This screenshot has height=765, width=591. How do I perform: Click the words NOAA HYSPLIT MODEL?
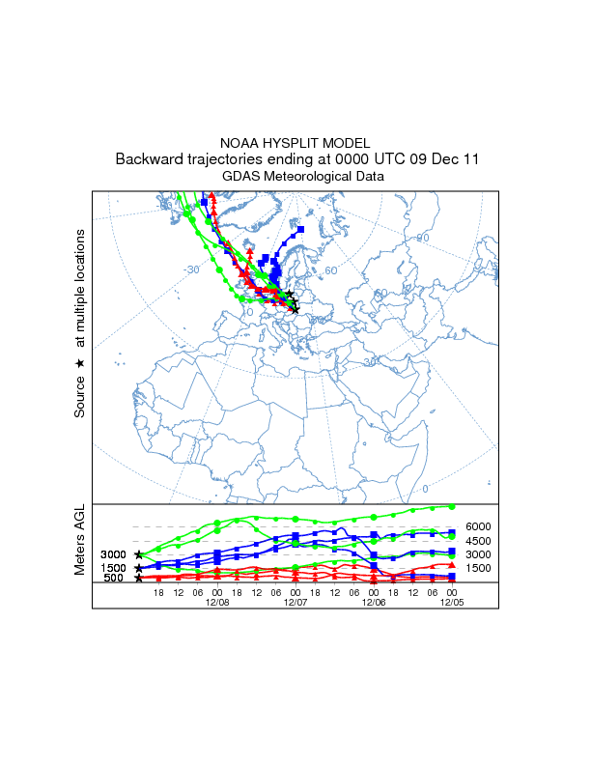tap(295, 143)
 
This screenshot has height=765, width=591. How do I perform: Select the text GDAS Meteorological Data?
tap(295, 177)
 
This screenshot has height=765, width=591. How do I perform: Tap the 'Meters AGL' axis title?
tap(80, 539)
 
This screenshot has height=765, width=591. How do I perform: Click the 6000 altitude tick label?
tap(479, 526)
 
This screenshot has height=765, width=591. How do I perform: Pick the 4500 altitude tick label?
tap(479, 541)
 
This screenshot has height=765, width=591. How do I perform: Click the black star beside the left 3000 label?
tap(139, 554)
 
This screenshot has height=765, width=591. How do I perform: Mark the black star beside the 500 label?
tap(139, 578)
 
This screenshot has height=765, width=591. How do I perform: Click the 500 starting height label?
tap(113, 578)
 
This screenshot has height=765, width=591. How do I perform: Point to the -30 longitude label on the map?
tap(192, 269)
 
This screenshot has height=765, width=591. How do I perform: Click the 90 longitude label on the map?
tap(422, 238)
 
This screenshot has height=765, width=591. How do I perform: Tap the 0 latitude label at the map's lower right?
tap(426, 489)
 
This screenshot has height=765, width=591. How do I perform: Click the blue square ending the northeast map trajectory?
tap(301, 229)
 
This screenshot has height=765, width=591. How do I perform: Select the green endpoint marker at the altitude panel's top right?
tap(452, 506)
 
